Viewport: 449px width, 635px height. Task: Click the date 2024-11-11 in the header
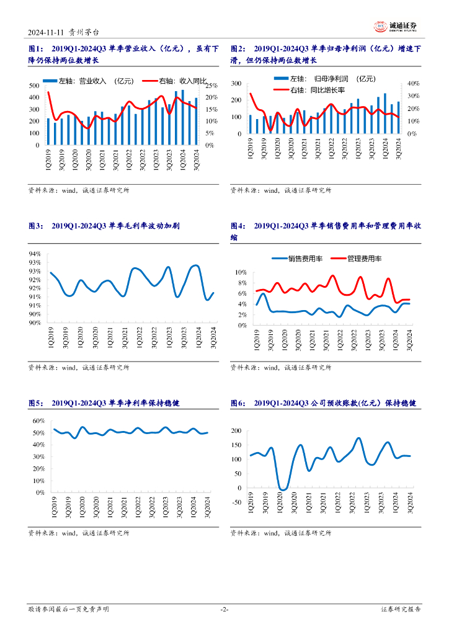49,32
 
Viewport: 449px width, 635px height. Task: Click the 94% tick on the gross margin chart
35,254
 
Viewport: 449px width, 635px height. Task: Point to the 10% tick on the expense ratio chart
241,272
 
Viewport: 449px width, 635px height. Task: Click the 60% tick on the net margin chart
37,420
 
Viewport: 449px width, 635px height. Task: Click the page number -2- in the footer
225,610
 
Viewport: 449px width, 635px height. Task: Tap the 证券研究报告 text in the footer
401,610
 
